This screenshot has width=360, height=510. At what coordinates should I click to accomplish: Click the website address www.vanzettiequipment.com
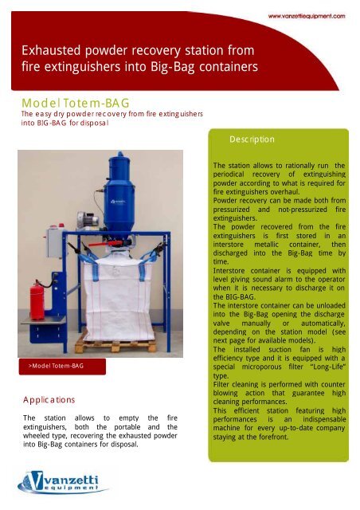click(305, 15)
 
